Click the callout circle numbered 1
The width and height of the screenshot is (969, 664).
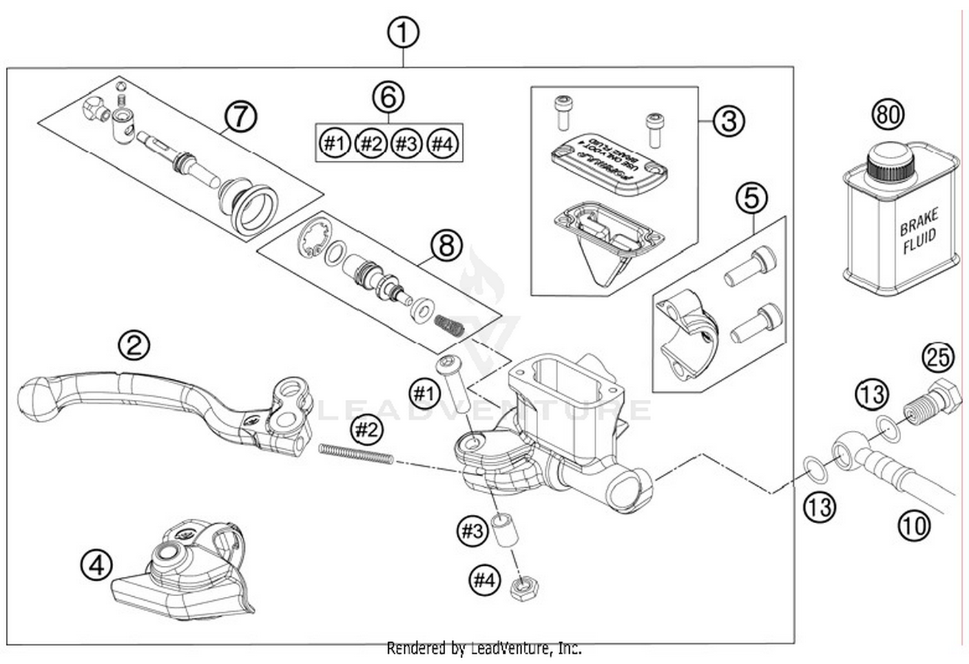[403, 32]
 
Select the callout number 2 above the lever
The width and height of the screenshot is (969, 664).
[134, 346]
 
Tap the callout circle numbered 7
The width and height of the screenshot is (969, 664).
[240, 117]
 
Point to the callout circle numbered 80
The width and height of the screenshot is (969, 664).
[888, 114]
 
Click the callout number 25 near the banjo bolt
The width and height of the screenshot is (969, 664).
[937, 357]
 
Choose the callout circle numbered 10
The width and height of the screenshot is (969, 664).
[913, 526]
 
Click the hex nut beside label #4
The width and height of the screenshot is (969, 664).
[525, 587]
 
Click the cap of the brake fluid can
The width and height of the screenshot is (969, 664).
[890, 163]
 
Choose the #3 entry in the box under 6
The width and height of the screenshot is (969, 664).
[406, 143]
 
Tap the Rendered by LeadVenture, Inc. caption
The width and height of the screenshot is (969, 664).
[484, 648]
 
